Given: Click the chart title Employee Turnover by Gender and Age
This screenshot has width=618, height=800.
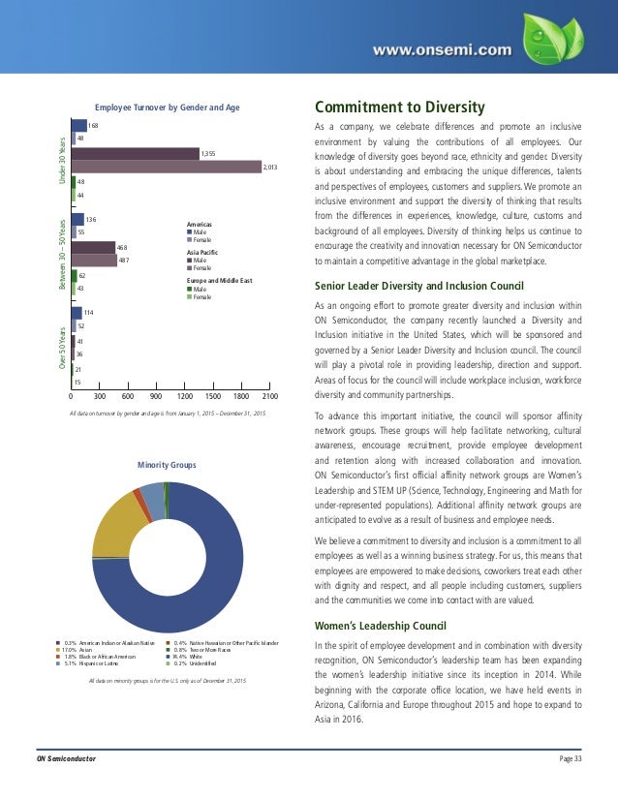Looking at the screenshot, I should pyautogui.click(x=166, y=108).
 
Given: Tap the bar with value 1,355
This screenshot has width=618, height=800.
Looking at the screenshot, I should pyautogui.click(x=135, y=153).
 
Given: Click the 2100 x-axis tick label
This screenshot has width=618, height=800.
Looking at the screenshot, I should pyautogui.click(x=270, y=395).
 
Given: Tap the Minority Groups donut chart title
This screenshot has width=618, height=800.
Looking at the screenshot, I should pyautogui.click(x=166, y=466).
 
